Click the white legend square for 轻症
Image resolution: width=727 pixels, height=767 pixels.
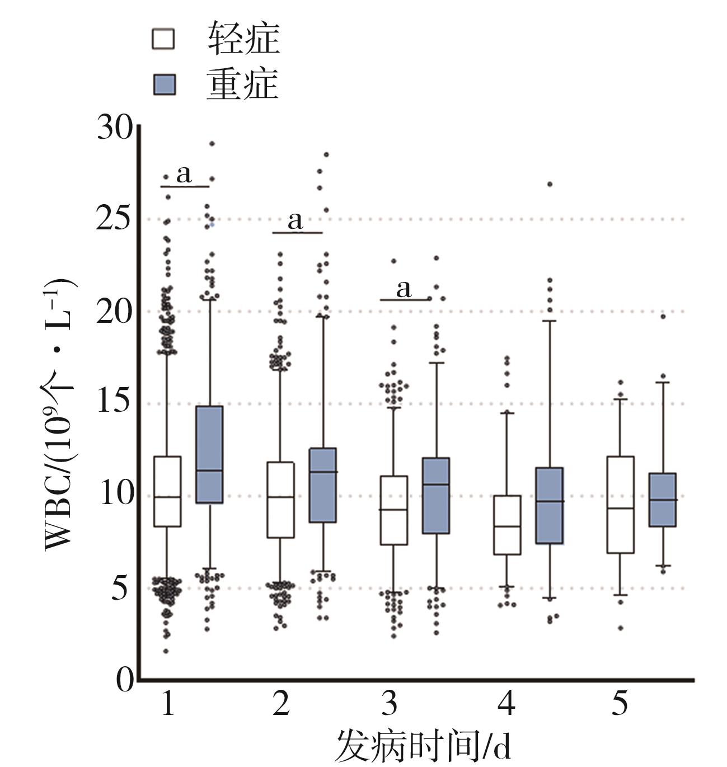pyautogui.click(x=163, y=40)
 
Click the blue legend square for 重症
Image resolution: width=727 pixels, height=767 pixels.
pyautogui.click(x=163, y=84)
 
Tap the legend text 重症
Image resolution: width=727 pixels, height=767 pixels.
pyautogui.click(x=242, y=84)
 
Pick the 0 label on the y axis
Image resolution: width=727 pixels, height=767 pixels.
pyautogui.click(x=125, y=680)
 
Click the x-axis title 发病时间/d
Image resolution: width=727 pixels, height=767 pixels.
pyautogui.click(x=423, y=746)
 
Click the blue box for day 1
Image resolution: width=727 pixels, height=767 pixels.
pyautogui.click(x=209, y=454)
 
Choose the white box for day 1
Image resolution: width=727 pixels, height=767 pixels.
pyautogui.click(x=167, y=491)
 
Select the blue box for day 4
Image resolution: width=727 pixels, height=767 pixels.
pyautogui.click(x=550, y=505)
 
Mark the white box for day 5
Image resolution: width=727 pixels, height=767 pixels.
pyautogui.click(x=620, y=504)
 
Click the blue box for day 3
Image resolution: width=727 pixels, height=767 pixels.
pyautogui.click(x=436, y=495)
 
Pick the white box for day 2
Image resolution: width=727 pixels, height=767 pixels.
pyautogui.click(x=281, y=500)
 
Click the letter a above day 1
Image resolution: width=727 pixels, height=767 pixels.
pyautogui.click(x=184, y=175)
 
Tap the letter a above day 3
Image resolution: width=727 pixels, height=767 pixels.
pyautogui.click(x=404, y=289)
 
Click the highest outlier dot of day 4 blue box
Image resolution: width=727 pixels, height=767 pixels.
pyautogui.click(x=550, y=184)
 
